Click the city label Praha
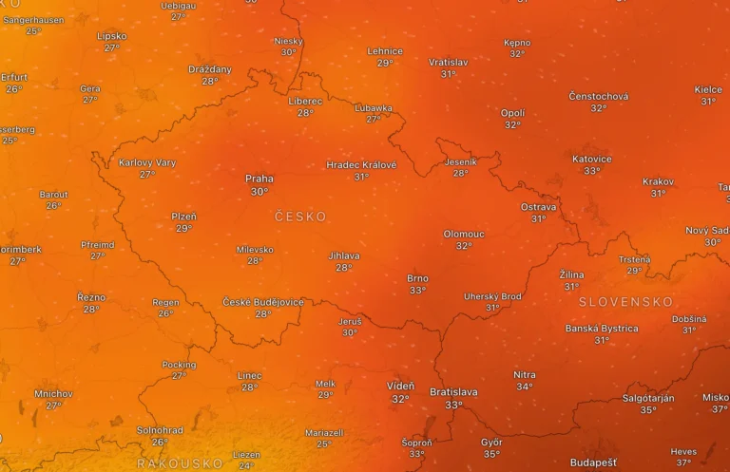point(259,179)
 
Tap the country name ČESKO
point(300,217)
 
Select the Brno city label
point(417,278)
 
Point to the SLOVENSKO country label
point(625,302)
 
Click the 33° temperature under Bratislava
point(454,405)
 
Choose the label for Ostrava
point(539,207)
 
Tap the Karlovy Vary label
point(147,162)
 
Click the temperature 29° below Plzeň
point(184,228)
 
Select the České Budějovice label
point(263,302)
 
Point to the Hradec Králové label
point(361,164)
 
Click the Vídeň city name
point(400,387)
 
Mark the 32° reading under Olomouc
point(464,246)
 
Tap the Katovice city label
point(592,159)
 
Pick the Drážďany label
point(210,69)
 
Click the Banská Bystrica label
point(602,329)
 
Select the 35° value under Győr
point(491,454)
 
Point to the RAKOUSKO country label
point(180,463)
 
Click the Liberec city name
point(305,101)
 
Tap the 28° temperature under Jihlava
point(344,268)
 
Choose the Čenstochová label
point(599,96)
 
